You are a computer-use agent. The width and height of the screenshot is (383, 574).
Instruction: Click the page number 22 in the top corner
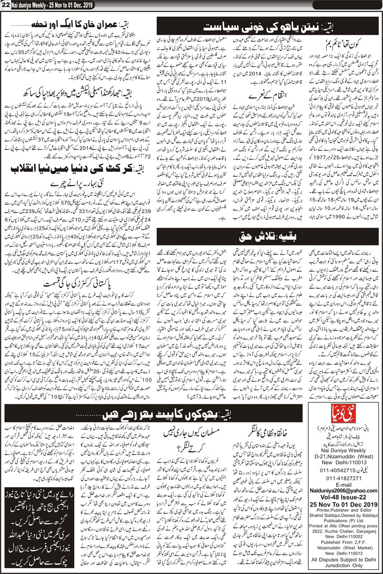click(x=5, y=5)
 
